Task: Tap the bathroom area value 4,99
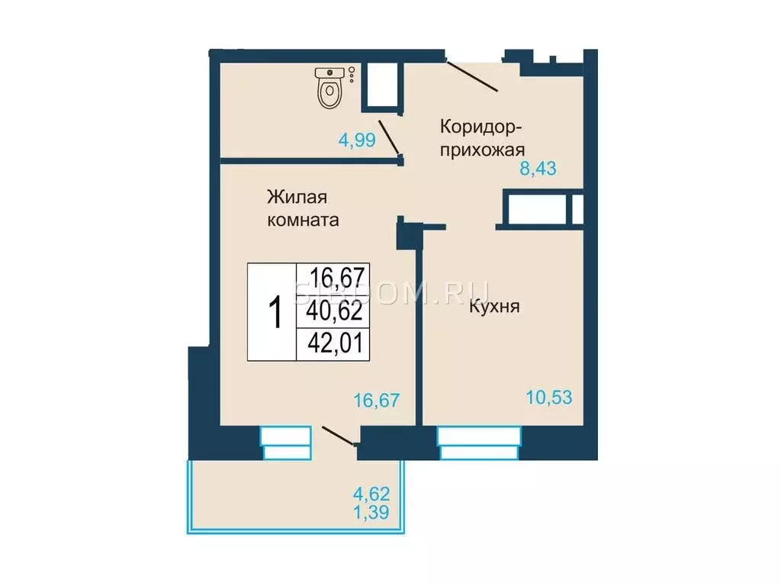point(357,140)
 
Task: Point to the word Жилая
point(297,197)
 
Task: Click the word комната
point(302,221)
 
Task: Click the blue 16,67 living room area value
point(376,399)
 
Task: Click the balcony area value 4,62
point(373,494)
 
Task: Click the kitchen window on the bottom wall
point(480,443)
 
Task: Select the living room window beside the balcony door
point(286,443)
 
